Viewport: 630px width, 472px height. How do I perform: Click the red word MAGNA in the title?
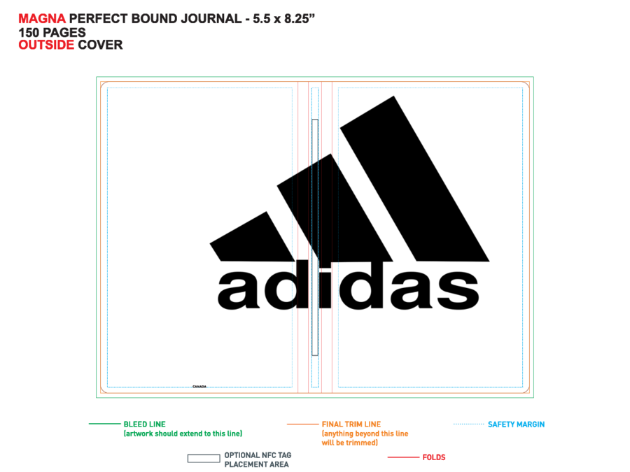[42, 18]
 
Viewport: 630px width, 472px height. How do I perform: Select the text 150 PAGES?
[52, 32]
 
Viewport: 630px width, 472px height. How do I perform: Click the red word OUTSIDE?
[46, 45]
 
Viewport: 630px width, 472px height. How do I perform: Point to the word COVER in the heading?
[100, 45]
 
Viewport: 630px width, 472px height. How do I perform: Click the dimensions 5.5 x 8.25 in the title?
[283, 18]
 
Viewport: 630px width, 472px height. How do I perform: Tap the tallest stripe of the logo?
[414, 178]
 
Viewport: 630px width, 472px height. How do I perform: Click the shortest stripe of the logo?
[252, 237]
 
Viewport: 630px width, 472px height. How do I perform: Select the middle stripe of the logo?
[335, 208]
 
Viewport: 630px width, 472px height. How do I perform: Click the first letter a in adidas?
[239, 289]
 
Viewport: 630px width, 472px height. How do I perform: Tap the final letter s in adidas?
[458, 289]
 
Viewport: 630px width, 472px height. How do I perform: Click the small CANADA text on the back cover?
[199, 387]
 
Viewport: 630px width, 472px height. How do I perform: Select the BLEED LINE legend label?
[145, 424]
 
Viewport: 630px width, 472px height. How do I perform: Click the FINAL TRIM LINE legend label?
[351, 424]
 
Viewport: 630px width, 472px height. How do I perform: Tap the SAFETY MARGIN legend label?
[517, 424]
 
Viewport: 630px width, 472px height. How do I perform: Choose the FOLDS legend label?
[434, 457]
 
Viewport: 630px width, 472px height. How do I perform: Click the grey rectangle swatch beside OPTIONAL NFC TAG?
[204, 458]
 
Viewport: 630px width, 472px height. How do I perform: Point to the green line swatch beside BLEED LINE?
[104, 424]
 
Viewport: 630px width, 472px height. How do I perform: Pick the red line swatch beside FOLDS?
[403, 457]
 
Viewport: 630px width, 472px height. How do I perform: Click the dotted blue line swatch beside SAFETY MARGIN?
[468, 424]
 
